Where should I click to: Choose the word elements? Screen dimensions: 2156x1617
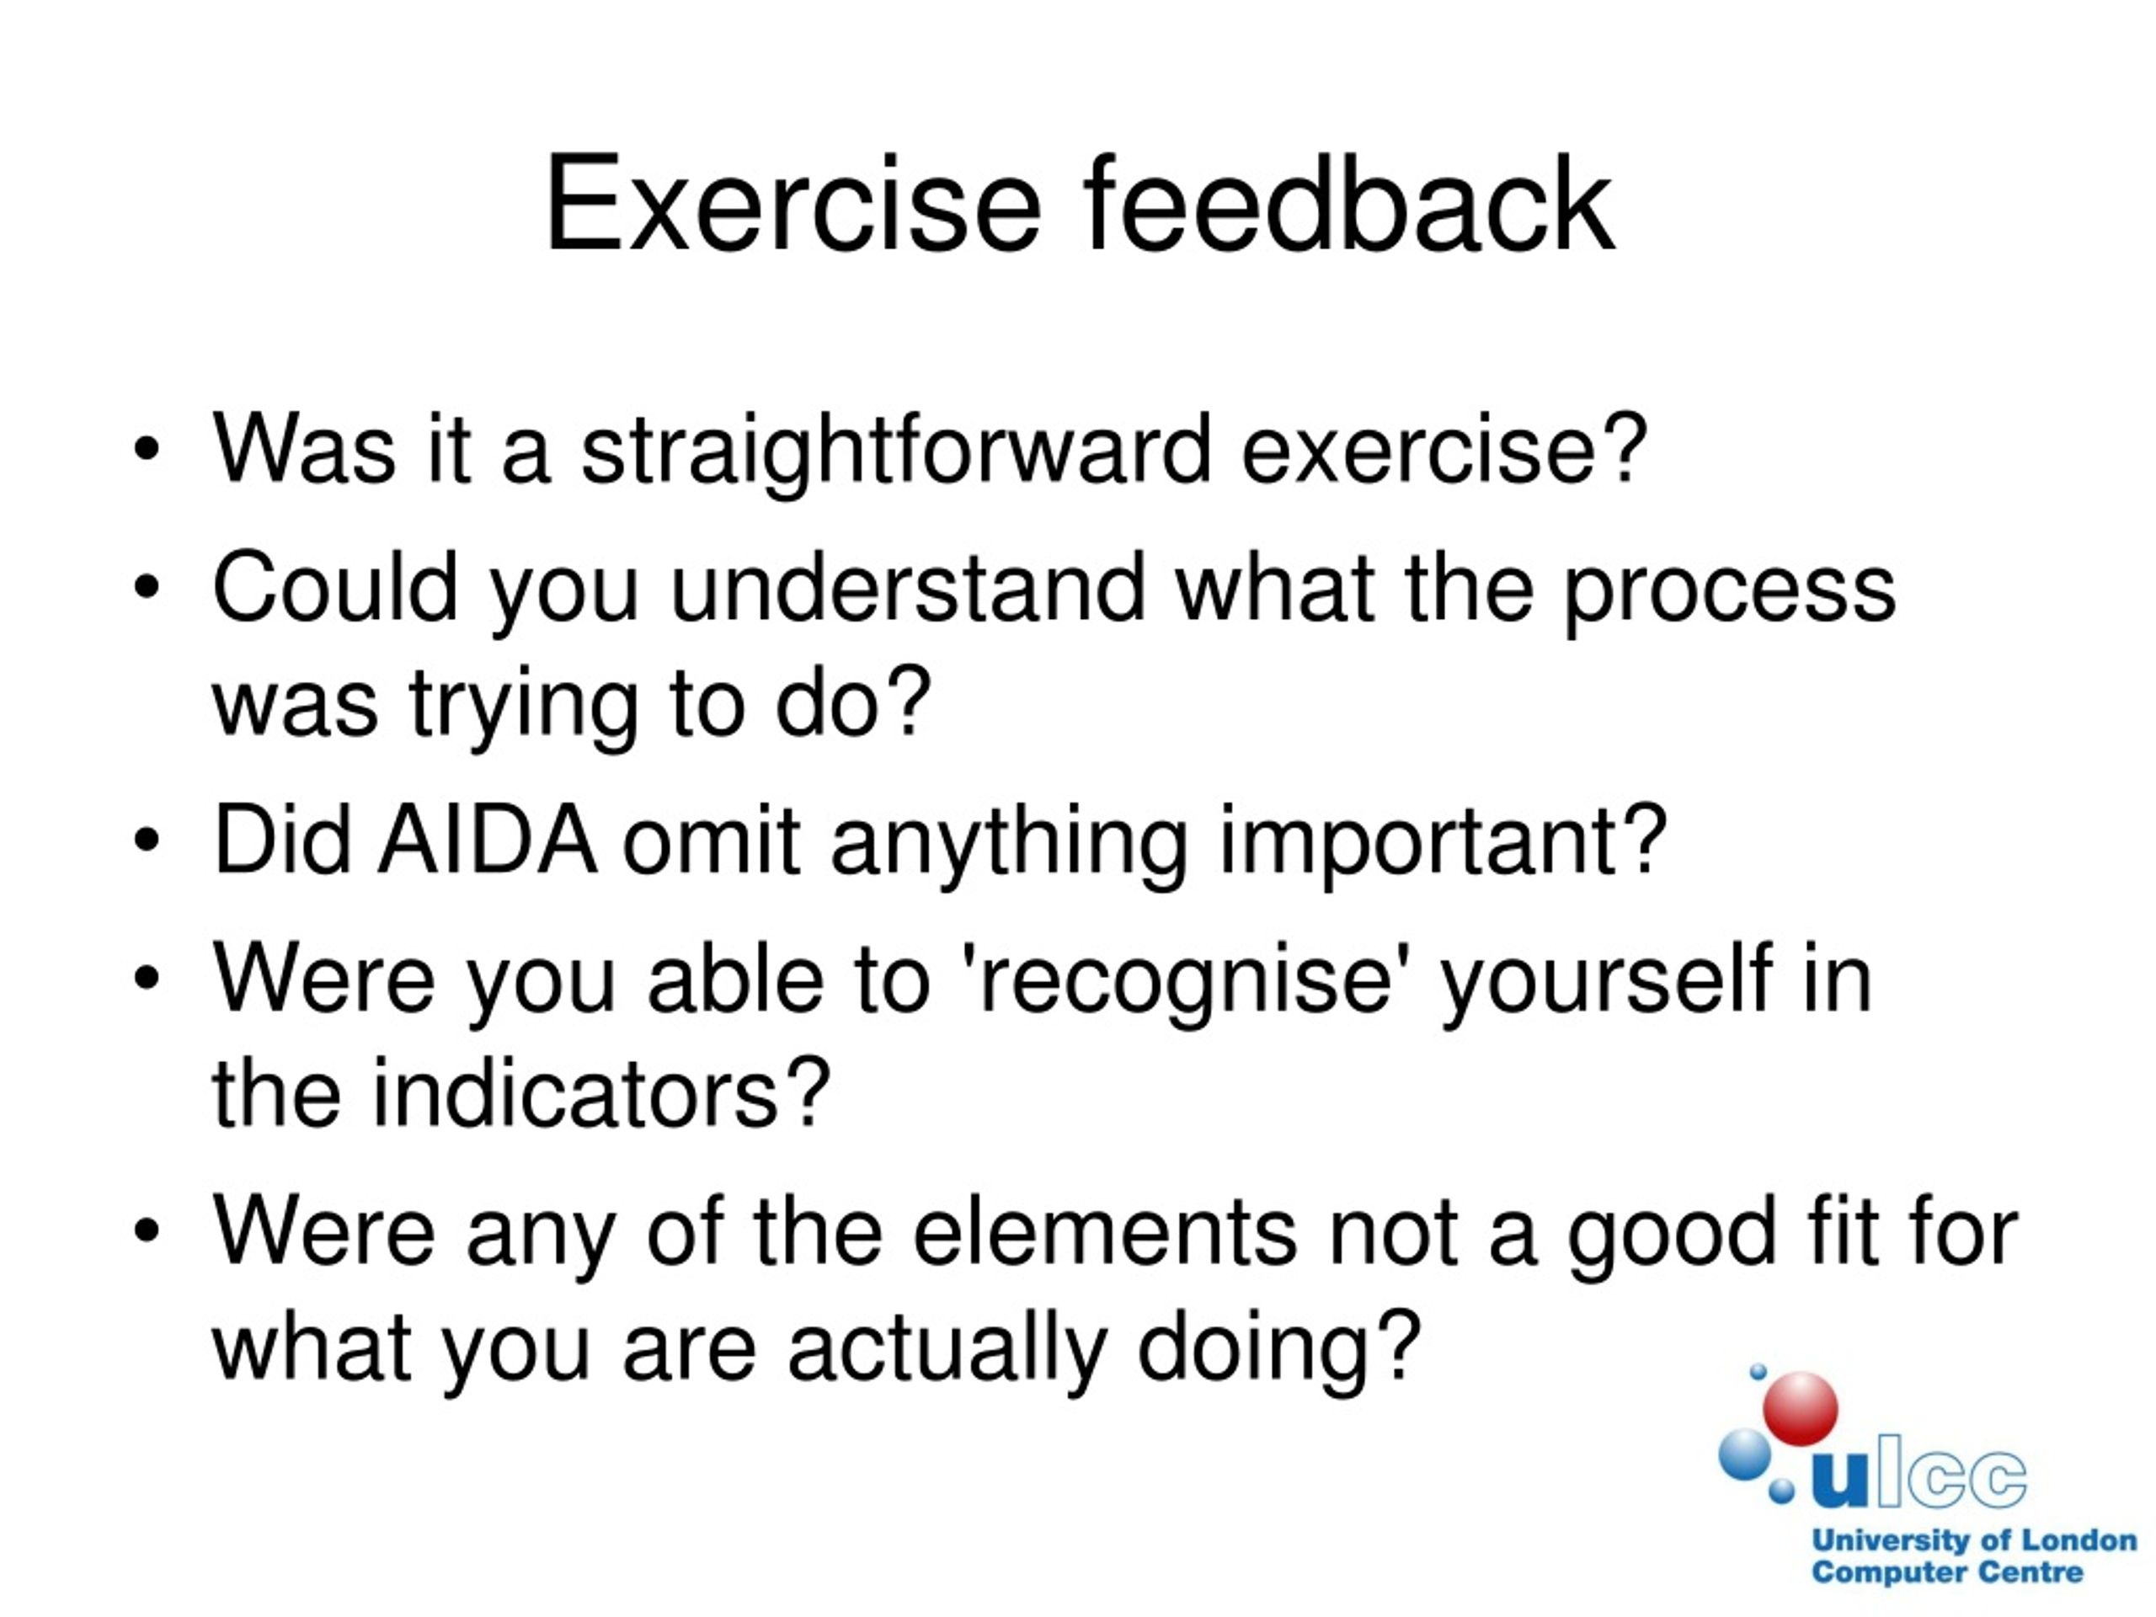pos(1104,1233)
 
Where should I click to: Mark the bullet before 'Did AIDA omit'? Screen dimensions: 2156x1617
pos(147,841)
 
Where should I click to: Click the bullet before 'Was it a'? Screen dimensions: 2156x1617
pos(147,451)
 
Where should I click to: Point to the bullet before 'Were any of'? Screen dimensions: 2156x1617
pos(147,1232)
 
